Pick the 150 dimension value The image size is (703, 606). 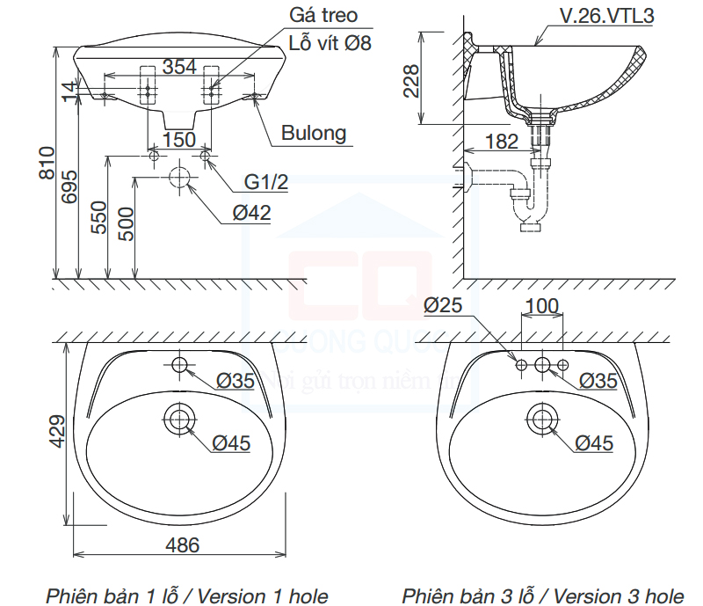point(178,139)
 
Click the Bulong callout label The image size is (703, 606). point(314,134)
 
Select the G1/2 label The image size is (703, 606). point(266,181)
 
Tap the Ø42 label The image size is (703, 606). point(252,212)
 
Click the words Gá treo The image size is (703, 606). point(324,16)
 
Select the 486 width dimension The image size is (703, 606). point(182,545)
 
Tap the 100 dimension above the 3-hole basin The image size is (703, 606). point(541,306)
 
